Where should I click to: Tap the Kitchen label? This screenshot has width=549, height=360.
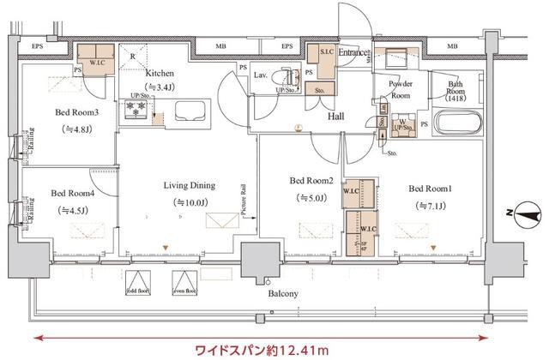pyautogui.click(x=160, y=74)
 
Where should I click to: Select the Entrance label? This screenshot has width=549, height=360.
pyautogui.click(x=353, y=53)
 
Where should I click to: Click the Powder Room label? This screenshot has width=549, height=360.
pyautogui.click(x=401, y=89)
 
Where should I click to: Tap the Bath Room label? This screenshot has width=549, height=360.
pyautogui.click(x=462, y=89)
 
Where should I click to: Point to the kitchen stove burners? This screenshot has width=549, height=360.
pyautogui.click(x=135, y=110)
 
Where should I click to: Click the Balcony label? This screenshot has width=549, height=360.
pyautogui.click(x=283, y=294)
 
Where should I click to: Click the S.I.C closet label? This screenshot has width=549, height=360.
pyautogui.click(x=326, y=53)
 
